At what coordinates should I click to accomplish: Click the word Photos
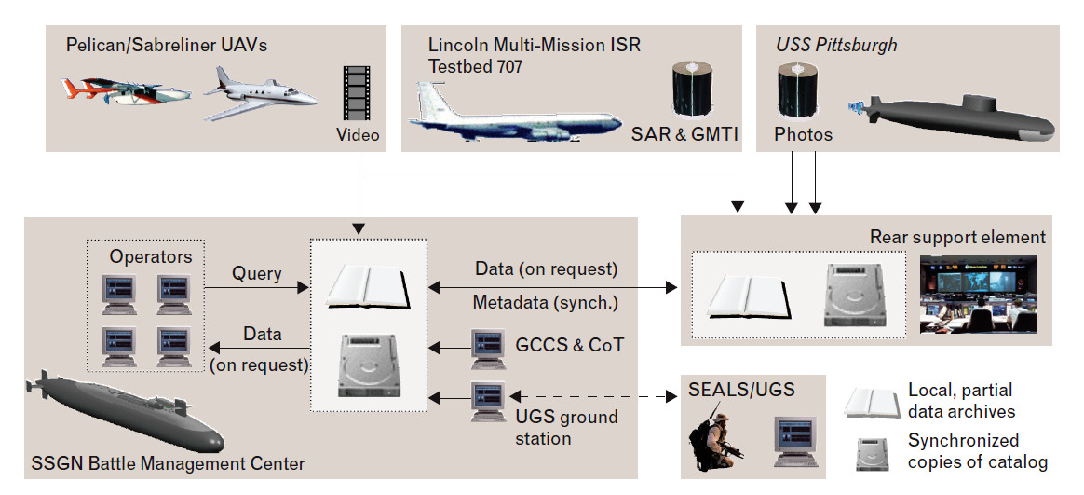pos(803,135)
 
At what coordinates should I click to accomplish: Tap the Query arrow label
pos(257,274)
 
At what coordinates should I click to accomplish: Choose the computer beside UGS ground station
pos(487,401)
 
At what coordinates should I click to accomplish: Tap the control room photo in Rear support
pos(978,294)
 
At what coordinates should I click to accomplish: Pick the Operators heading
pos(151,255)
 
